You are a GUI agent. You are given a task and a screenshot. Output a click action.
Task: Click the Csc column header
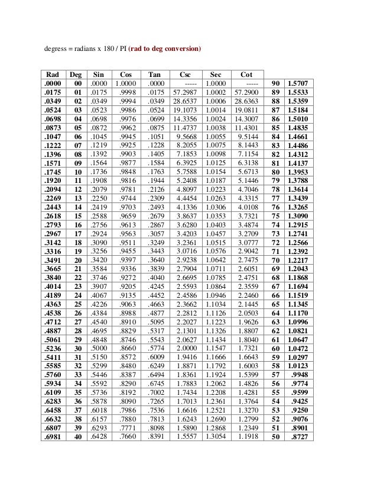click(184, 75)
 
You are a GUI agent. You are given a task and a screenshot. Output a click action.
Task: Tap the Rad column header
click(53, 75)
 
